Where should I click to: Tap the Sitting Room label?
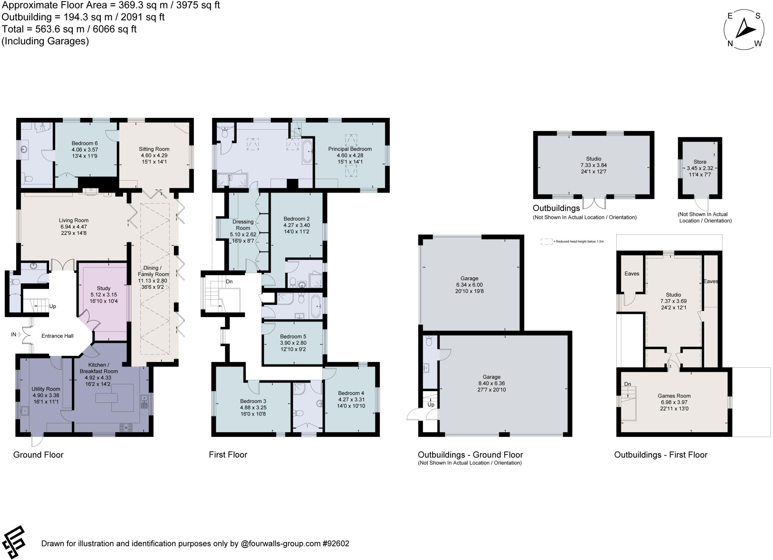point(154,149)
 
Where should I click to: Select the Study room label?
point(103,288)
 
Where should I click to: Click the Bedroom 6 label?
point(85,143)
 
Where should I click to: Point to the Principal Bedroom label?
point(350,149)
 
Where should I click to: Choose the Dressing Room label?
point(243,225)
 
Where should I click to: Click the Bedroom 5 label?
point(293,337)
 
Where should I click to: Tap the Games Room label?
point(674,396)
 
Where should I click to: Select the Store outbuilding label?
point(700,162)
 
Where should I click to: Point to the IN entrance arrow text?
point(14,334)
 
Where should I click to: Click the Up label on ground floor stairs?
point(52,306)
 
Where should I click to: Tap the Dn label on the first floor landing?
point(229,282)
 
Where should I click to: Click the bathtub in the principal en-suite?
point(307,152)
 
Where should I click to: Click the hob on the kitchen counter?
point(126,427)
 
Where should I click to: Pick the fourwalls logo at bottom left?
point(14,543)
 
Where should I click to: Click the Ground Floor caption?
point(38,455)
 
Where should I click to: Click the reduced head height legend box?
point(546,241)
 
